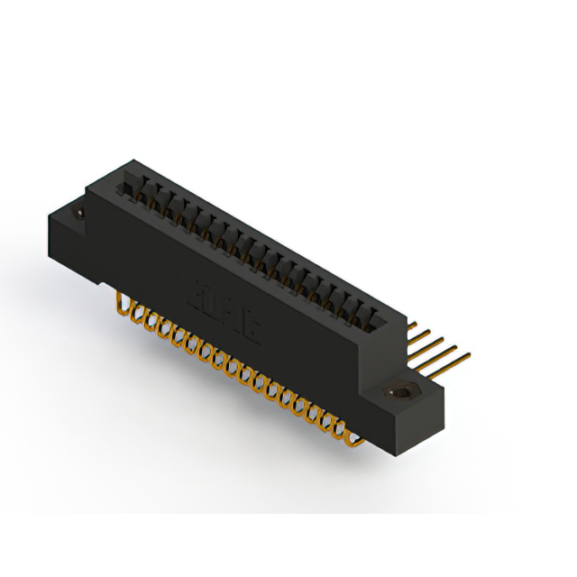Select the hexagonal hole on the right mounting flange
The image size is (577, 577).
click(398, 393)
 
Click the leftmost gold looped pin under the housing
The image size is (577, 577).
click(124, 307)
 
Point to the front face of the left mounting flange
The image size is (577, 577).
click(68, 239)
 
